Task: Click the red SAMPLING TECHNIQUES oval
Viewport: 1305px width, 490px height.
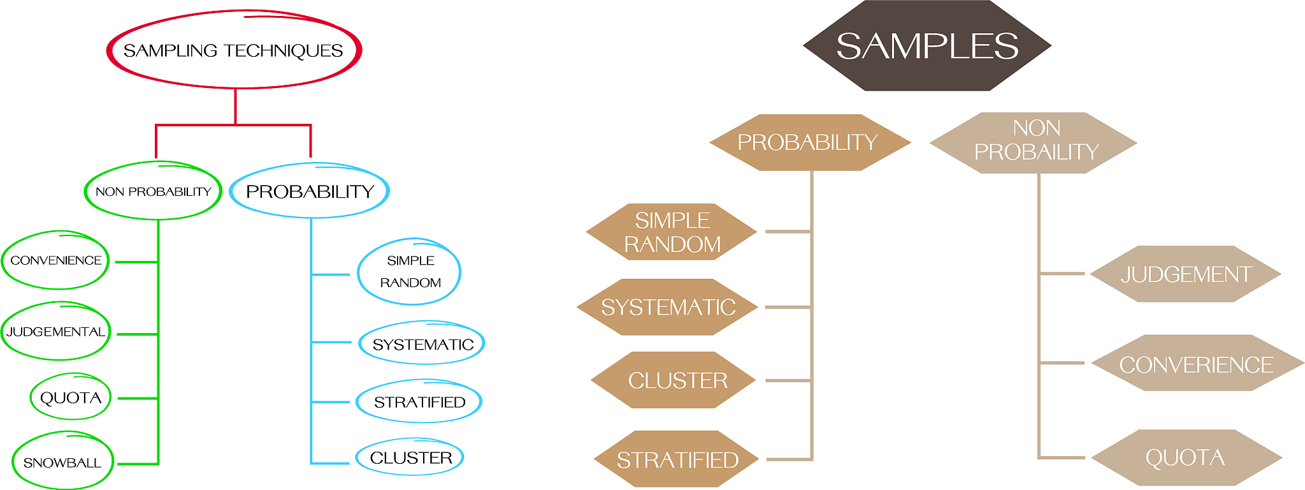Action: pos(234,50)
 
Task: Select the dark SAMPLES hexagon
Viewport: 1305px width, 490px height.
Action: pos(927,46)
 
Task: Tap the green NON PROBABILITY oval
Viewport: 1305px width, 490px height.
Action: pos(153,191)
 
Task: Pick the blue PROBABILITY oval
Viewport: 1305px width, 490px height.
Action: pos(309,191)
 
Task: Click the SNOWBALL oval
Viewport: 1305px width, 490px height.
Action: pos(62,462)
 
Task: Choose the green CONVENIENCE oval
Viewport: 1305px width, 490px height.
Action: pos(55,260)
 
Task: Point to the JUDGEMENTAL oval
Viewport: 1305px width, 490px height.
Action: pos(55,332)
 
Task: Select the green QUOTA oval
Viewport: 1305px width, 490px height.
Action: pos(71,397)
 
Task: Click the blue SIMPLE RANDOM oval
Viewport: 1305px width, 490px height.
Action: pos(410,272)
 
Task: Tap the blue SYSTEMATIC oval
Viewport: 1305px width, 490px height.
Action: pos(422,344)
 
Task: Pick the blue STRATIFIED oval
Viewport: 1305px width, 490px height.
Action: pos(419,402)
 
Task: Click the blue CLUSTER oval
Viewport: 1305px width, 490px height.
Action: pos(410,457)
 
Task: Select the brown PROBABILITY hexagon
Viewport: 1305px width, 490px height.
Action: pos(808,142)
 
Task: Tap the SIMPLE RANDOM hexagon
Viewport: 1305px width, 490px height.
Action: pos(672,232)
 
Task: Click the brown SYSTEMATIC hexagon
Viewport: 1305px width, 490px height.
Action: pos(668,308)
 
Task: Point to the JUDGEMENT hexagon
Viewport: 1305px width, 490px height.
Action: pos(1186,274)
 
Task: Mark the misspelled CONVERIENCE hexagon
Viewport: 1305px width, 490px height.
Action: pos(1196,364)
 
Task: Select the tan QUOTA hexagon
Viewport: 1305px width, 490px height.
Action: pos(1185,457)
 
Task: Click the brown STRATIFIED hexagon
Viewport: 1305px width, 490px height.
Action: pos(677,459)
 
